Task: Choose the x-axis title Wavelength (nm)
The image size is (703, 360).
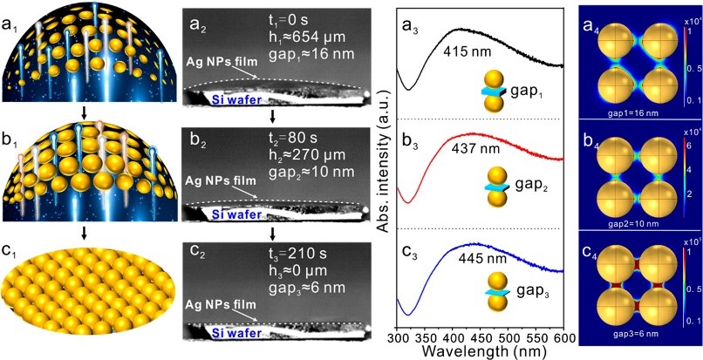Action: [x=482, y=351]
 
